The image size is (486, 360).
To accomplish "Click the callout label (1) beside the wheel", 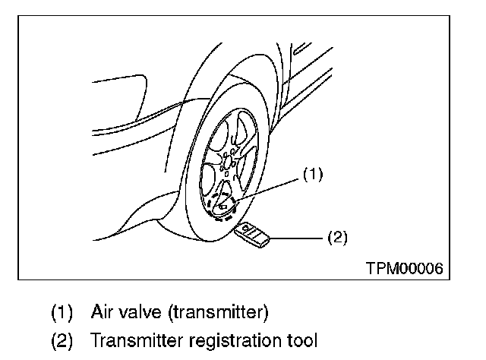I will [313, 175].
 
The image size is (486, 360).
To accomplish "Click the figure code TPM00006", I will [403, 268].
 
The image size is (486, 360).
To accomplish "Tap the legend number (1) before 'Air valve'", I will [62, 312].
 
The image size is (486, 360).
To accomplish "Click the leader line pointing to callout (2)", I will [296, 238].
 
